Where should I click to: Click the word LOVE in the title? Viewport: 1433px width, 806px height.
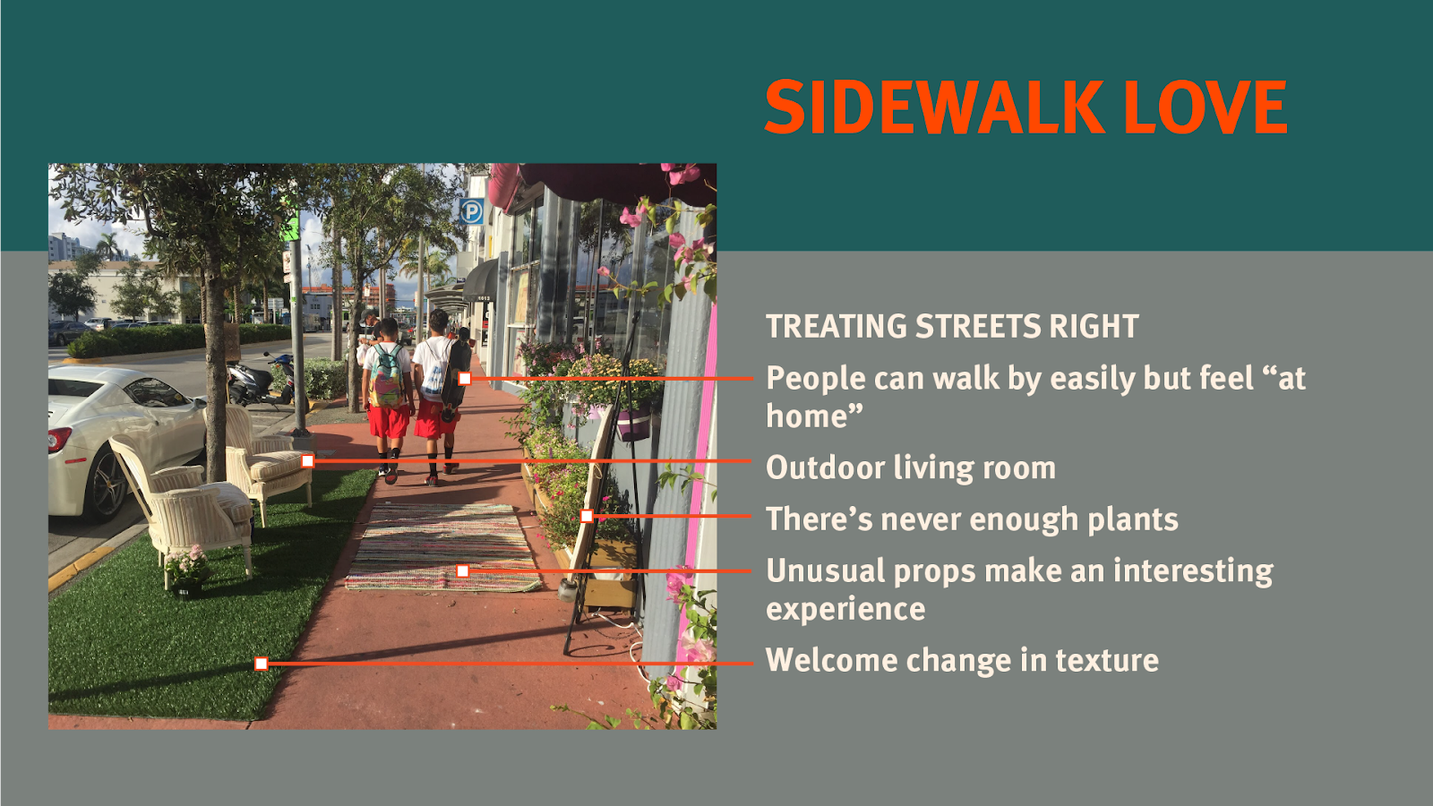[1206, 107]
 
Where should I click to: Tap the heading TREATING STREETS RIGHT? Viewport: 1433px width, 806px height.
[952, 326]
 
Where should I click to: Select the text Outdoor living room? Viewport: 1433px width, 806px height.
[910, 467]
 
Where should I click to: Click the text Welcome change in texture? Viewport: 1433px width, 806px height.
[962, 660]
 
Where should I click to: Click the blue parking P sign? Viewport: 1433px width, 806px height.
[471, 211]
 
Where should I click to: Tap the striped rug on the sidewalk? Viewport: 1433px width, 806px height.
[443, 547]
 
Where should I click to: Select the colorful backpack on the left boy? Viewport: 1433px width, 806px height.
[386, 377]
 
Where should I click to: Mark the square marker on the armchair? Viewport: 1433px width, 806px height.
[308, 461]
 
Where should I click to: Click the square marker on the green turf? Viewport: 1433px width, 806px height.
[261, 664]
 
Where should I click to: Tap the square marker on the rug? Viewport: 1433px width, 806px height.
[462, 571]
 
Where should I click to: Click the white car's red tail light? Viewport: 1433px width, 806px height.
[59, 440]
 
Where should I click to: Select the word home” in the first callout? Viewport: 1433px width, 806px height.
[814, 416]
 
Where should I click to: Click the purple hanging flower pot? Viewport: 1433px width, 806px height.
[632, 424]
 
